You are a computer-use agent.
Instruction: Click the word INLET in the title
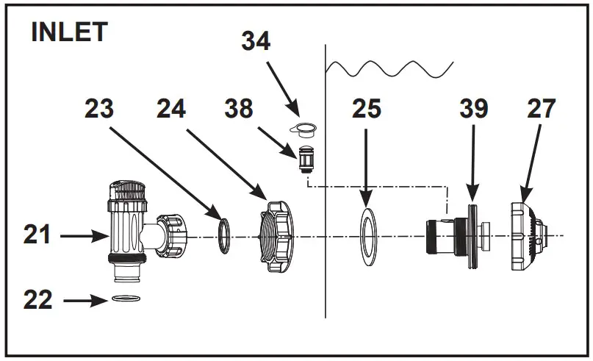pyautogui.click(x=69, y=32)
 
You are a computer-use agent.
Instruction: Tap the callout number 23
pyautogui.click(x=98, y=109)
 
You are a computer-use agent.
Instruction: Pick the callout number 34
pyautogui.click(x=256, y=42)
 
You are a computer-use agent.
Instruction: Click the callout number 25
pyautogui.click(x=365, y=109)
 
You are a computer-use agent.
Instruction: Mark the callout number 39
pyautogui.click(x=474, y=109)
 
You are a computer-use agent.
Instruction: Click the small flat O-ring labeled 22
pyautogui.click(x=127, y=299)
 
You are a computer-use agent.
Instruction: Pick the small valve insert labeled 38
pyautogui.click(x=307, y=157)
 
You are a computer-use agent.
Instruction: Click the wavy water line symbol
pyautogui.click(x=389, y=70)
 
